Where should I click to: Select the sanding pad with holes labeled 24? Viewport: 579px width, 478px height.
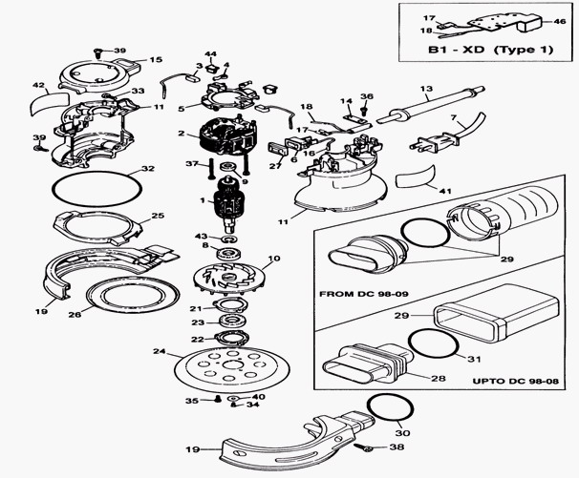point(230,369)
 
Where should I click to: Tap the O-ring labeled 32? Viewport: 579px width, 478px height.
point(96,189)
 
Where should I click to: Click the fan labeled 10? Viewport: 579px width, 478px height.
point(228,280)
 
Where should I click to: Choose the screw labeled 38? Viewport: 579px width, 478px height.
point(365,447)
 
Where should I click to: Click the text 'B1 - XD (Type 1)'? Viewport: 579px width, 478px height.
point(491,50)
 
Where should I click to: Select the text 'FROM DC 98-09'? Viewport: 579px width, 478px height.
point(360,294)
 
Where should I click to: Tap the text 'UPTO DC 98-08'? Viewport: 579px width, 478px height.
point(516,381)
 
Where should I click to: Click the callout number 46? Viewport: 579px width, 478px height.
point(560,21)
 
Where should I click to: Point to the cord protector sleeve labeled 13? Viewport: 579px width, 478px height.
point(431,106)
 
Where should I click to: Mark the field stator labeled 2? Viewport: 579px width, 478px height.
point(226,136)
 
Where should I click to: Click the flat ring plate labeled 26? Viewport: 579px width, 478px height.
point(133,296)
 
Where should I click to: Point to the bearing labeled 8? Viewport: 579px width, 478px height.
point(229,254)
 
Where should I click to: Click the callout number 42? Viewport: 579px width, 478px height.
point(39,86)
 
